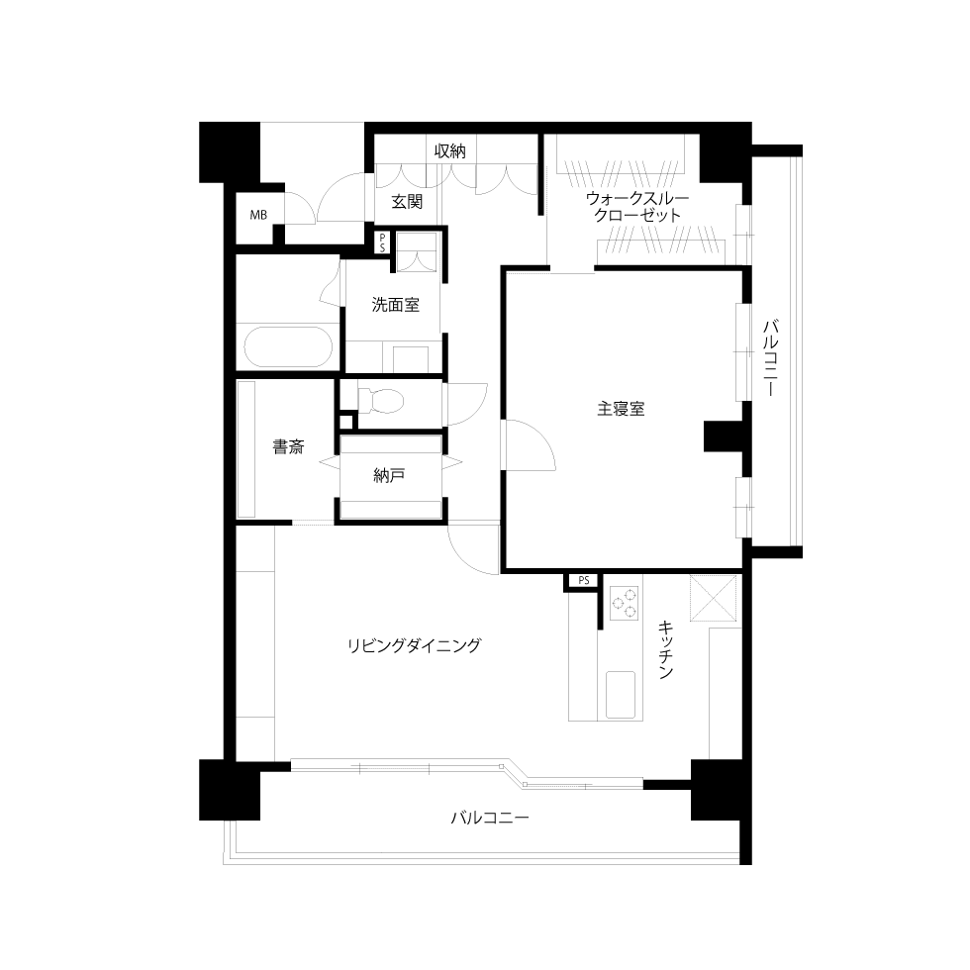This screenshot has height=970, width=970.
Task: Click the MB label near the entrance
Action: click(x=258, y=216)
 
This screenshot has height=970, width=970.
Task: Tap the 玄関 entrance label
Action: click(x=407, y=202)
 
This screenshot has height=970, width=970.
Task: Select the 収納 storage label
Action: click(x=449, y=150)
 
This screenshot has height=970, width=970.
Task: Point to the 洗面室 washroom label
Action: click(x=395, y=305)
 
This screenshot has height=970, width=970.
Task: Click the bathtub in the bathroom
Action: click(x=288, y=347)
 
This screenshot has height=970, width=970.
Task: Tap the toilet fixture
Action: click(x=380, y=401)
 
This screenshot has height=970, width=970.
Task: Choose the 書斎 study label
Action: click(x=288, y=446)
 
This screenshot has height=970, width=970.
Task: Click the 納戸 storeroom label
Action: click(x=389, y=475)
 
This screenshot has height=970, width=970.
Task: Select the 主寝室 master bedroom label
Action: click(x=621, y=409)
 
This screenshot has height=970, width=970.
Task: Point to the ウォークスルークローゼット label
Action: click(x=637, y=207)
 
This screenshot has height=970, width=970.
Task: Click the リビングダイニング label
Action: click(x=414, y=645)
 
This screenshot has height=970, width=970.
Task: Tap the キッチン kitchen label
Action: click(x=665, y=649)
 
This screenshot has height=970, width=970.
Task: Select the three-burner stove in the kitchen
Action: click(x=624, y=604)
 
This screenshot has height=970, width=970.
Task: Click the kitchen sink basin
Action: click(x=621, y=695)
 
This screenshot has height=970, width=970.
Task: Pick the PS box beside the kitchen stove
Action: click(x=583, y=580)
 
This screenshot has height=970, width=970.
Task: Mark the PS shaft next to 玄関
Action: click(x=382, y=242)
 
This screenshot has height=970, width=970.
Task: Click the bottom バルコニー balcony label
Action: click(x=490, y=818)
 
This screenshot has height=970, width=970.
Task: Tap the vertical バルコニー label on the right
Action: click(x=770, y=357)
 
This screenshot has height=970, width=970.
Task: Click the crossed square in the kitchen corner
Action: click(x=714, y=598)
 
